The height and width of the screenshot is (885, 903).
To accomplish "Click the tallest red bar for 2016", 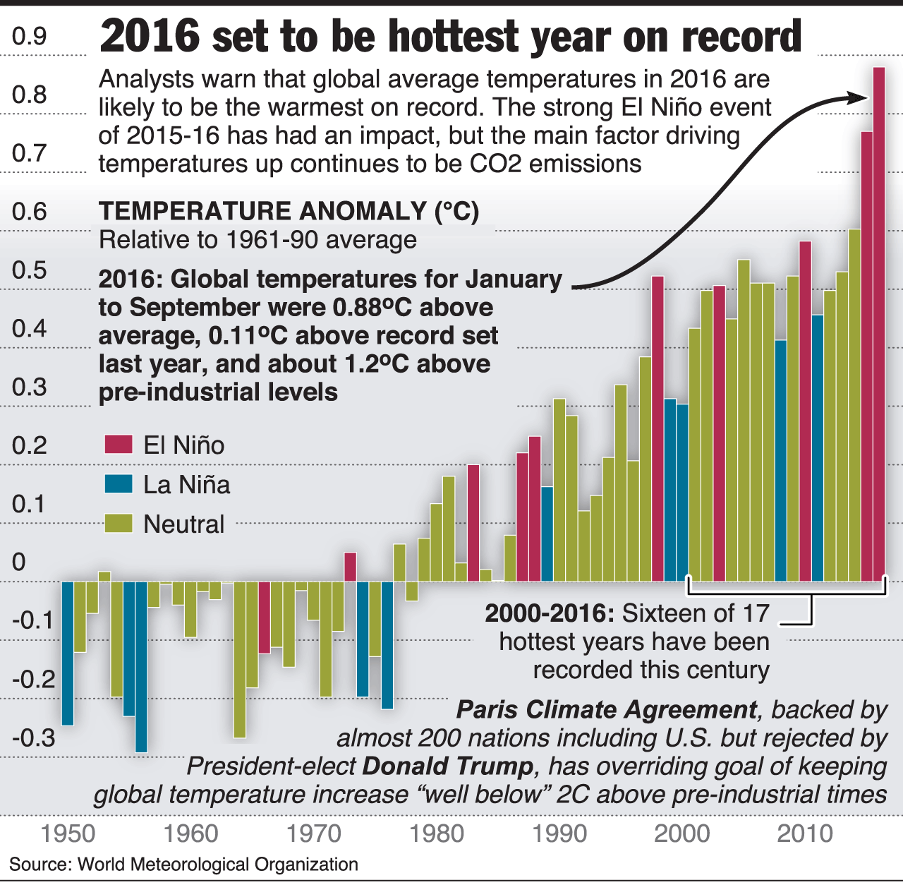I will [x=879, y=325].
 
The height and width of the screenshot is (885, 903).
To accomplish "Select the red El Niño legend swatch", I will [x=119, y=445].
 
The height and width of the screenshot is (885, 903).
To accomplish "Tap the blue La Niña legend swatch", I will [x=119, y=484].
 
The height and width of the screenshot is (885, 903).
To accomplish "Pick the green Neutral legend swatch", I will [x=119, y=524].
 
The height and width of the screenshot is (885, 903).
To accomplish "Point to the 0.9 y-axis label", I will [x=30, y=36].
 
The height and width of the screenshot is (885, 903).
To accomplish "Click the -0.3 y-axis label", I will [x=33, y=738].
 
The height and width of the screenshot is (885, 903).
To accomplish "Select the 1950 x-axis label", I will [x=68, y=833].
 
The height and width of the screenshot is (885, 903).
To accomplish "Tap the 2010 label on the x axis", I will [x=805, y=833].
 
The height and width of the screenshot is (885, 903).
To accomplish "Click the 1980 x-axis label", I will [x=437, y=833].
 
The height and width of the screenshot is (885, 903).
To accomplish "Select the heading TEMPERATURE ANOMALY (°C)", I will [x=289, y=211].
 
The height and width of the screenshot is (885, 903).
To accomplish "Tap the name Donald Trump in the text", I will [x=449, y=766].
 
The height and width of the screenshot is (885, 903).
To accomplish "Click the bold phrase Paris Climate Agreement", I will [x=607, y=709].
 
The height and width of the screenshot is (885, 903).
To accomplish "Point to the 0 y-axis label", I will [x=19, y=562].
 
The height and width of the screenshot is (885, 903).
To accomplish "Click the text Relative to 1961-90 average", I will [x=257, y=240].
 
